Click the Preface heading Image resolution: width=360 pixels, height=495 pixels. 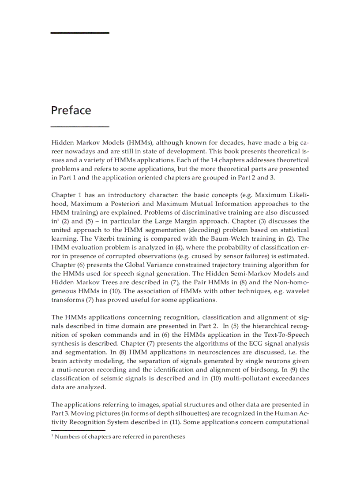coord(71,110)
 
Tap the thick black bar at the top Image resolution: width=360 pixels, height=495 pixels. coord(80,33)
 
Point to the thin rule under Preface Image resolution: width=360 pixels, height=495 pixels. coord(80,127)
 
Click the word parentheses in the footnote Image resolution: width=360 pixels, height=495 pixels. coord(169,437)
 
